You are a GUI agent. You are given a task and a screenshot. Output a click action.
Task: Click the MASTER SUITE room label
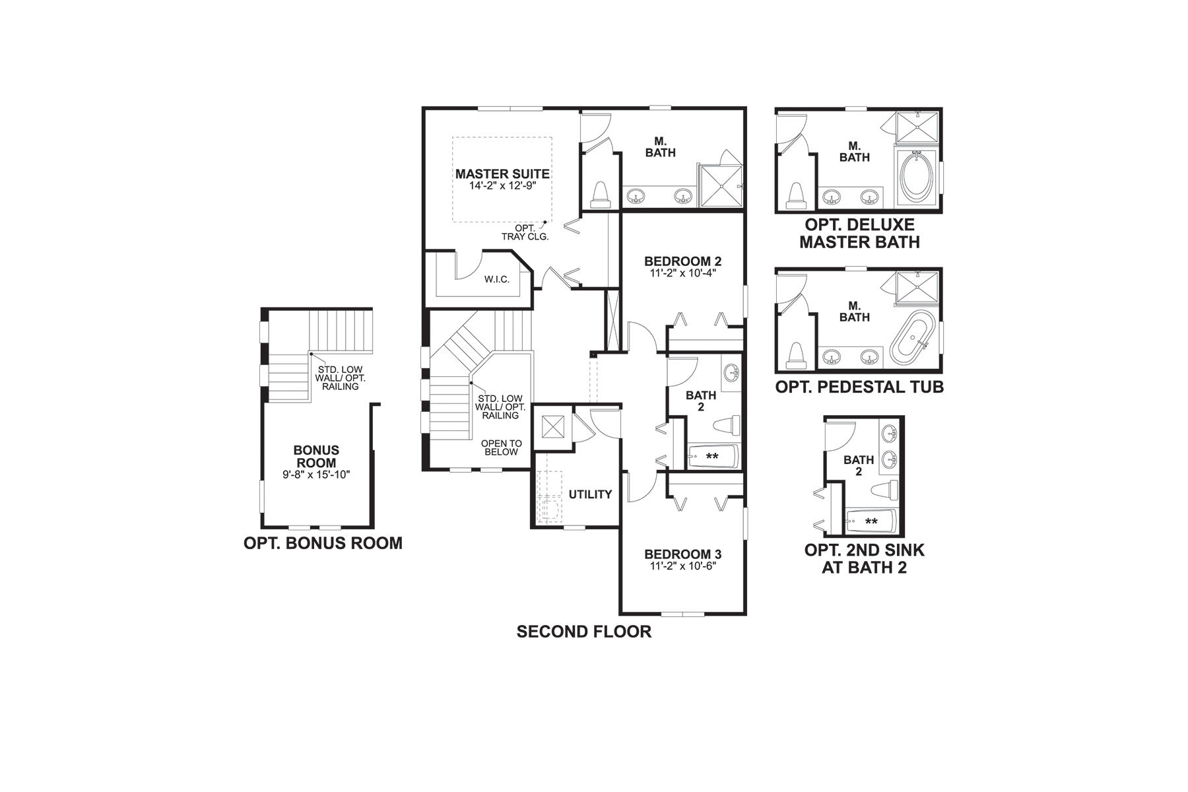[x=502, y=174]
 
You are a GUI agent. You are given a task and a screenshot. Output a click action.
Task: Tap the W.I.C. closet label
[x=496, y=280]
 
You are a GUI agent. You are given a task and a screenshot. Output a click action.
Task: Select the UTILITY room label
[x=590, y=494]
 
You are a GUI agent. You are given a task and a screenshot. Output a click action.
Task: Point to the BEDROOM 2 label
[x=682, y=261]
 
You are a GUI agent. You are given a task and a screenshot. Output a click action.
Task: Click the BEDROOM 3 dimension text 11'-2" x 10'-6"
[x=682, y=566]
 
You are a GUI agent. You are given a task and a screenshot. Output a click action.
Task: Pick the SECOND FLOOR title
[x=583, y=632]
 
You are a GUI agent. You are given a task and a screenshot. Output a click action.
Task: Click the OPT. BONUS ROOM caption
[x=323, y=543]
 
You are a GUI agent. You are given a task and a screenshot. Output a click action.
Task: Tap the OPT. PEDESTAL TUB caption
[x=859, y=387]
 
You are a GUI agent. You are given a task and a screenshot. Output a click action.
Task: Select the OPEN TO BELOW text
[x=502, y=447]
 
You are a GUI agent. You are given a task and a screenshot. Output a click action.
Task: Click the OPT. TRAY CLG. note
[x=525, y=232]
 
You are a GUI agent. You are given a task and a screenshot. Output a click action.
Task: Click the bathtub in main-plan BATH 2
[x=713, y=456]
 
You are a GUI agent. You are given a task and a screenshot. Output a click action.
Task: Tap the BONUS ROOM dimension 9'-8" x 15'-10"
[x=316, y=474]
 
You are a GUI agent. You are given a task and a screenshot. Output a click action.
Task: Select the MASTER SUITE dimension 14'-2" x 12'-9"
[x=502, y=186]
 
